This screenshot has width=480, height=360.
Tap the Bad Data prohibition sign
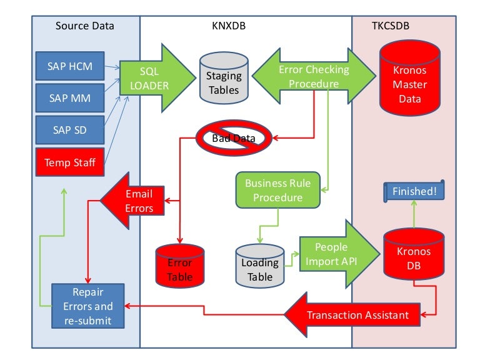pos(233,138)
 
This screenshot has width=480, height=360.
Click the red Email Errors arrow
pos(131,201)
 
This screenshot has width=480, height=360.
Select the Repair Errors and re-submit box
pos(87,306)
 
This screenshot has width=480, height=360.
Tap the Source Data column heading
pos(85,26)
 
